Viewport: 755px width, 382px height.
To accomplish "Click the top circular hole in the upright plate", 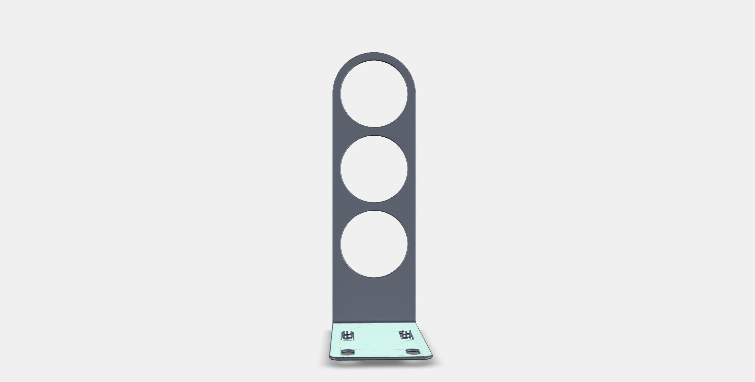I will point(374,93).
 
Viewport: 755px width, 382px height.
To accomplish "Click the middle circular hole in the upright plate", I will point(374,169).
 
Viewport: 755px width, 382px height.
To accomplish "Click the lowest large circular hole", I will point(374,244).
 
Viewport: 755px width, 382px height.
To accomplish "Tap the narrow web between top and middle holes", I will point(374,131).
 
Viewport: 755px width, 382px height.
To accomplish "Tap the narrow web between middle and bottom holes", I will point(374,206).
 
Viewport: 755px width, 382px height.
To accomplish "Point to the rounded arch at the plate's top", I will point(374,56).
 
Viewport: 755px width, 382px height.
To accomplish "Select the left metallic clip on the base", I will point(347,336).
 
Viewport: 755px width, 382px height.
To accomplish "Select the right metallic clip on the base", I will point(405,335).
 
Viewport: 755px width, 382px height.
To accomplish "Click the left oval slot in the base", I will point(348,352).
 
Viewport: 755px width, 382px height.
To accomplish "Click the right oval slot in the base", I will point(412,351).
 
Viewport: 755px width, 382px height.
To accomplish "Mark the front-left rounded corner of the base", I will point(331,357).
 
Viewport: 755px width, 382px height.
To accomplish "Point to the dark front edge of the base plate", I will point(381,359).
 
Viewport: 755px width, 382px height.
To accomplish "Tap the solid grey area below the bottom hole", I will point(374,299).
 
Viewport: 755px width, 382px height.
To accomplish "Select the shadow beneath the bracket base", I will point(381,364).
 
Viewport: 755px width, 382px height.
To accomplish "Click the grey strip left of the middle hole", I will point(336,169).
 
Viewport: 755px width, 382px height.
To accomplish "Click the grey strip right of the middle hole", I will point(412,169).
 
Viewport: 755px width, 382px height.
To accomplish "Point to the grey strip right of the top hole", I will point(412,97).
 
